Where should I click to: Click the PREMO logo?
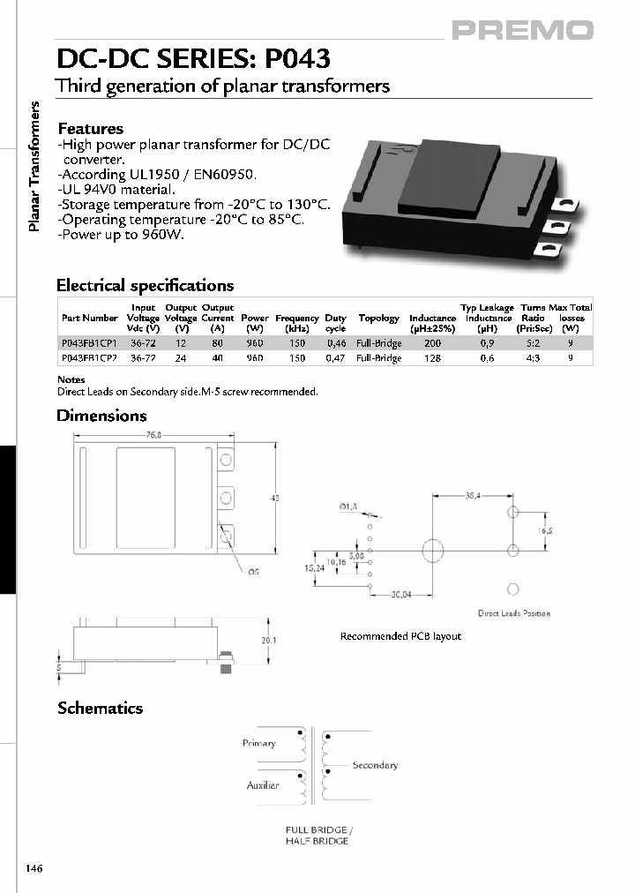click(x=522, y=31)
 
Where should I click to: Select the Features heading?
click(x=90, y=129)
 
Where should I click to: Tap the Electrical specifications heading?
click(x=145, y=285)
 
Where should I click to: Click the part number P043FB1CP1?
click(x=89, y=342)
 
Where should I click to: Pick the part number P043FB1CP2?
click(x=89, y=358)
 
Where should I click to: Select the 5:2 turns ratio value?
click(x=533, y=342)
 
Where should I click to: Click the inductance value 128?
click(x=432, y=358)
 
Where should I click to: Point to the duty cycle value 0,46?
click(x=336, y=342)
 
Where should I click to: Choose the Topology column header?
click(x=379, y=318)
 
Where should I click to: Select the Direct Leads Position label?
click(x=513, y=613)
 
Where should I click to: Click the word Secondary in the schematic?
click(x=375, y=765)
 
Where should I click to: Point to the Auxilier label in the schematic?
click(x=262, y=784)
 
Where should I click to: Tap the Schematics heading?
click(x=100, y=708)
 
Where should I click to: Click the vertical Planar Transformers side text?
click(x=36, y=167)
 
